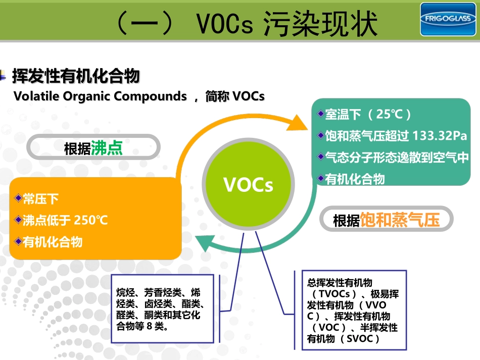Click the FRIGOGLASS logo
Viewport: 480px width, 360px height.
448,19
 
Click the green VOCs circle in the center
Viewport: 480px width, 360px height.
248,185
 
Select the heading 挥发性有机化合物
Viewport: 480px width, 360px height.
76,77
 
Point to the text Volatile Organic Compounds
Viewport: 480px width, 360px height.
100,96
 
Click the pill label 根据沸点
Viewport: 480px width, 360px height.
93,148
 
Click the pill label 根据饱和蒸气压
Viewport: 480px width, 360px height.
387,220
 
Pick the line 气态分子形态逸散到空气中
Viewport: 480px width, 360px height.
397,158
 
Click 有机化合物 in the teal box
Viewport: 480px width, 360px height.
355,179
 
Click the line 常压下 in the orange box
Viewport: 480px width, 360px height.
41,199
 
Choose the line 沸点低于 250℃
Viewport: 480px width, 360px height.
65,221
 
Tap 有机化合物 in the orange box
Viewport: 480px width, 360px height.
53,242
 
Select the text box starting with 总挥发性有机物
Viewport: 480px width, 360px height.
350,311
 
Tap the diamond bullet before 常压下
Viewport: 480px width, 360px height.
19,198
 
